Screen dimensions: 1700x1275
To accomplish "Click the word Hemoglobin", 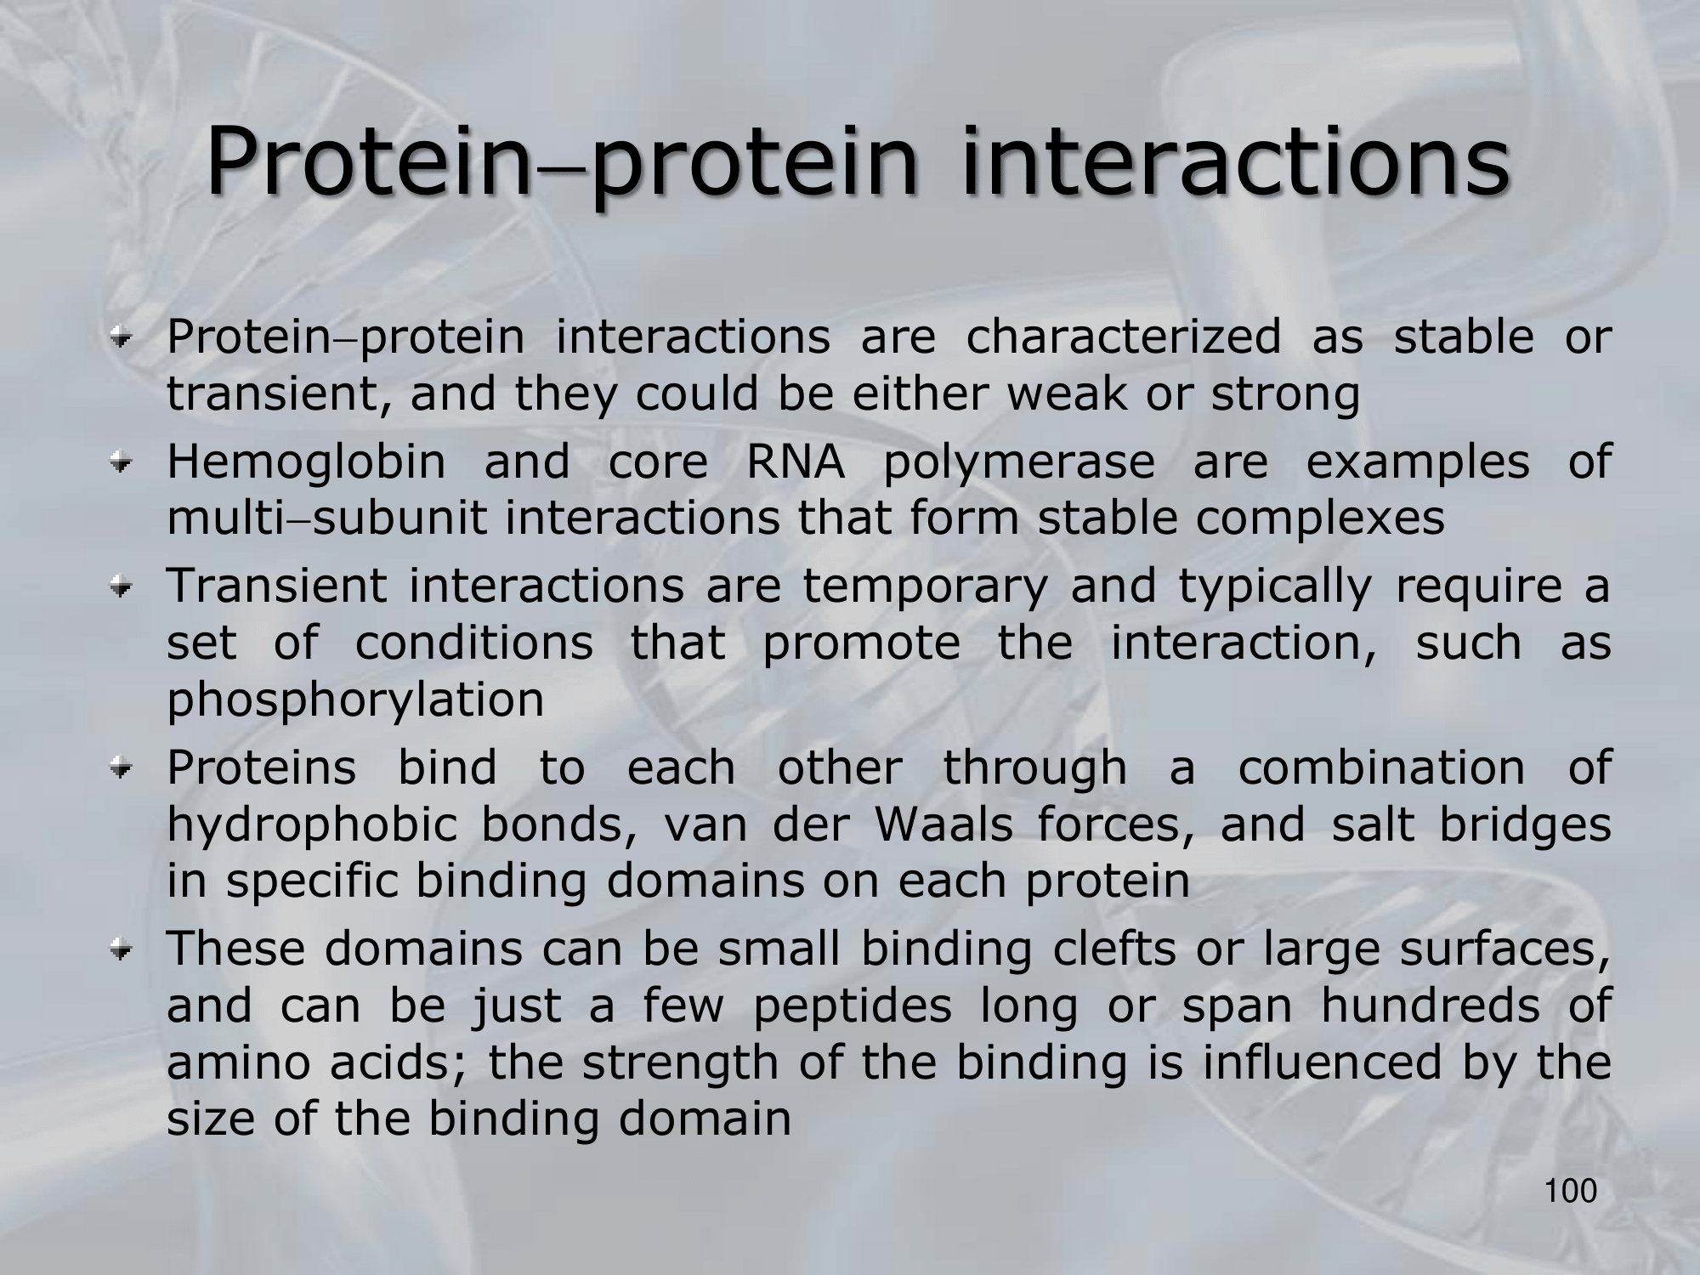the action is pos(306,462).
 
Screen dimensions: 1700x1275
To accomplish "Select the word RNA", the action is pos(796,462).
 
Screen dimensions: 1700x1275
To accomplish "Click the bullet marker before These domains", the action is pos(124,949).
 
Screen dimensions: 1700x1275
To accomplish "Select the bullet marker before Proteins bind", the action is pos(124,768).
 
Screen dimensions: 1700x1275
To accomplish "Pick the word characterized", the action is pos(1123,337).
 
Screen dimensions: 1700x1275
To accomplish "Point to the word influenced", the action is pos(1323,1062).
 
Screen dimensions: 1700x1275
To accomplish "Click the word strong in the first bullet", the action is pos(1285,395).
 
